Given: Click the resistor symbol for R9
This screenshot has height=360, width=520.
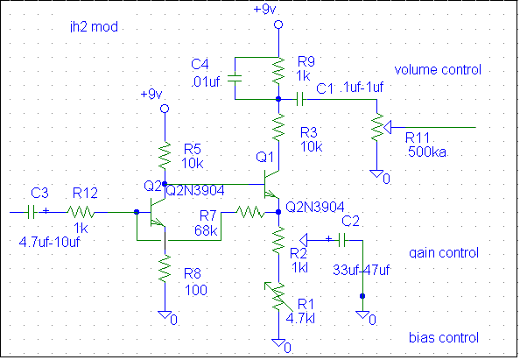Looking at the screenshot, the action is [x=278, y=71].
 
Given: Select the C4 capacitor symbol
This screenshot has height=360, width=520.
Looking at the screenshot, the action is [x=235, y=79].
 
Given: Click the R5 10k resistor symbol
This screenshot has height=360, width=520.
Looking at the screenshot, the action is [x=165, y=156].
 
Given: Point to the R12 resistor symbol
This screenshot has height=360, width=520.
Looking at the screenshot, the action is [x=81, y=212].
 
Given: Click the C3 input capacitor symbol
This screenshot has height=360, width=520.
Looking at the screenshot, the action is [x=32, y=212].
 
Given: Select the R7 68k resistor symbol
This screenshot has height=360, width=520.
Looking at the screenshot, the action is [x=250, y=212].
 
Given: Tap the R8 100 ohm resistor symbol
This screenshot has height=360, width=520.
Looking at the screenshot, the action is [x=165, y=268].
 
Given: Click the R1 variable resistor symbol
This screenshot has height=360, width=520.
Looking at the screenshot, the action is [x=278, y=297].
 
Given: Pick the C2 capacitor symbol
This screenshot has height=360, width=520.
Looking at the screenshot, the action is [x=341, y=240].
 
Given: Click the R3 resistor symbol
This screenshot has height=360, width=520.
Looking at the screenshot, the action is [x=278, y=127].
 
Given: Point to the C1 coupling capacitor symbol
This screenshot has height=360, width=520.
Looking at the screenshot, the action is [x=299, y=99].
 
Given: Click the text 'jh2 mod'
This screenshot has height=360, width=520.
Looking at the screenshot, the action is [x=94, y=26].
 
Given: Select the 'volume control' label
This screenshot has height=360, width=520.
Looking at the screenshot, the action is [x=438, y=70].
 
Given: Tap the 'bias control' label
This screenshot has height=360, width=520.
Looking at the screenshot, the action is [x=444, y=338].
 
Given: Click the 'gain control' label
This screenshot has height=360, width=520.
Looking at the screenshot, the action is [x=444, y=253].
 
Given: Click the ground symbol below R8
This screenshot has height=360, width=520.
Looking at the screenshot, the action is [x=165, y=314].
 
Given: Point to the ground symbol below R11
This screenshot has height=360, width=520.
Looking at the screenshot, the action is [x=376, y=173].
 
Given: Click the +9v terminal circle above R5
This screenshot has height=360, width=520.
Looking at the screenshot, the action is [x=165, y=109].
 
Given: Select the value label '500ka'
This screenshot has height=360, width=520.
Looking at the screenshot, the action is [x=427, y=152].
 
